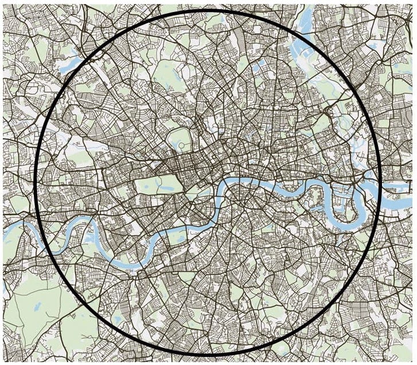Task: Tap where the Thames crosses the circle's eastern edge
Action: [379, 189]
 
